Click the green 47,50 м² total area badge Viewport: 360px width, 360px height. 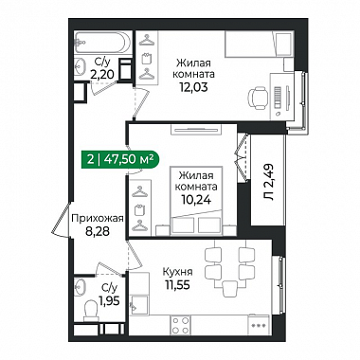pyautogui.click(x=120, y=159)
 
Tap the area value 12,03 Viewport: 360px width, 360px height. pyautogui.click(x=193, y=86)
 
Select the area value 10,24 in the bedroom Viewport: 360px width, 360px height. pyautogui.click(x=196, y=199)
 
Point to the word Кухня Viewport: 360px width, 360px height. pyautogui.click(x=178, y=272)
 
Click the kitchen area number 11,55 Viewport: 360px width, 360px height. pyautogui.click(x=177, y=285)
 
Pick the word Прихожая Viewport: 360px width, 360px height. pyautogui.click(x=97, y=218)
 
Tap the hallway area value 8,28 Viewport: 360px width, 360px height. pyautogui.click(x=98, y=232)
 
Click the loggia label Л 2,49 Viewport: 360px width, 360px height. pyautogui.click(x=269, y=182)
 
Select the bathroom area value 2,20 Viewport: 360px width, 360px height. pyautogui.click(x=101, y=75)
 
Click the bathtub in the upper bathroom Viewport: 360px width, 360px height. pyautogui.click(x=102, y=43)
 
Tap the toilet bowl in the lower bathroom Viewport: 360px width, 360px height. pyautogui.click(x=92, y=309)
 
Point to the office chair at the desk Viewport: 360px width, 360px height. pyautogui.click(x=259, y=98)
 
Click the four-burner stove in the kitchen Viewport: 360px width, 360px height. pyautogui.click(x=180, y=325)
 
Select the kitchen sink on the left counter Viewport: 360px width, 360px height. pyautogui.click(x=138, y=305)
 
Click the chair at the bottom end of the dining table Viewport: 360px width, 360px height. pyautogui.click(x=229, y=289)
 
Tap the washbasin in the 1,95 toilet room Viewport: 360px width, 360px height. pyautogui.click(x=80, y=287)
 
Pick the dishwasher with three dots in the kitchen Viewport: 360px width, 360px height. pyautogui.click(x=258, y=325)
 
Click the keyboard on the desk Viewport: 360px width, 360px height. pyautogui.click(x=278, y=98)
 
